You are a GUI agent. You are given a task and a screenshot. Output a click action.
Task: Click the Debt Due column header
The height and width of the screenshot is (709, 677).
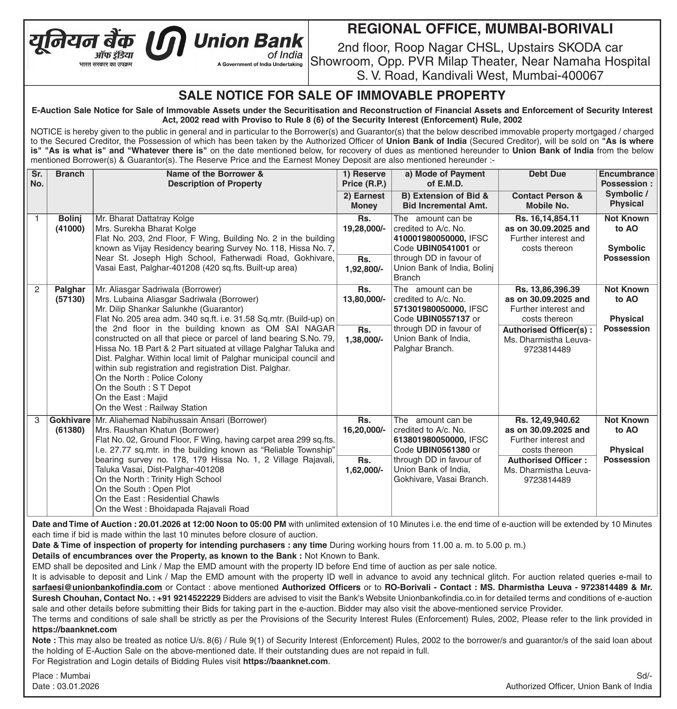click(547, 174)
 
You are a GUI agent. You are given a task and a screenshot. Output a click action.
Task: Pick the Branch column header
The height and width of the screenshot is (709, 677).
click(70, 174)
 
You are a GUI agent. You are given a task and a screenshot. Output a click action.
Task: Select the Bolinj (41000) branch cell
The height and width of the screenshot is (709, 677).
click(70, 224)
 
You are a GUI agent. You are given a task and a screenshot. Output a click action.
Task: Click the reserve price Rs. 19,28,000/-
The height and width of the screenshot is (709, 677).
click(364, 224)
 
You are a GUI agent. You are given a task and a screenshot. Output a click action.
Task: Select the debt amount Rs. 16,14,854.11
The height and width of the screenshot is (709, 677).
click(547, 219)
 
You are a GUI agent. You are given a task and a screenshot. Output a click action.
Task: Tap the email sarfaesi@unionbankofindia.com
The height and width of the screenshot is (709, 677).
click(97, 588)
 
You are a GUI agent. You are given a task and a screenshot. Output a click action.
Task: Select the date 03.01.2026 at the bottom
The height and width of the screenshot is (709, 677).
click(78, 686)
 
